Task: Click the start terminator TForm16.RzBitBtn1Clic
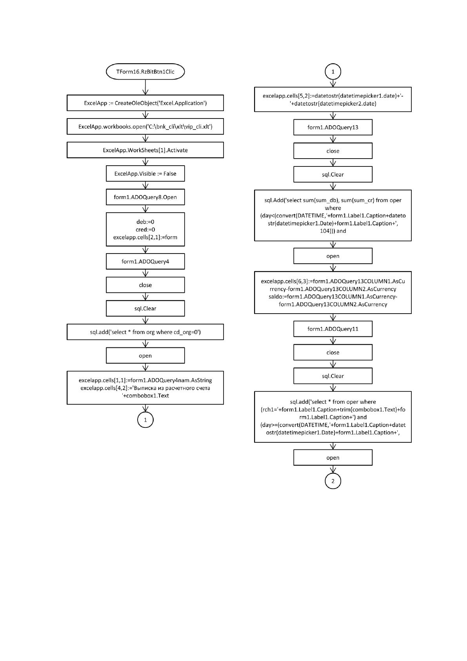[x=145, y=71]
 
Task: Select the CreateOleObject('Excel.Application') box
[x=145, y=103]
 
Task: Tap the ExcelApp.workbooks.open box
[x=145, y=126]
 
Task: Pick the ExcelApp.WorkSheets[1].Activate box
[x=145, y=150]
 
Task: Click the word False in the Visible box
[x=170, y=173]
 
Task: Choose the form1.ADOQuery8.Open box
[x=145, y=197]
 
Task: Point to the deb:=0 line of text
[x=145, y=222]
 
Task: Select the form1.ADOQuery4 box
[x=145, y=261]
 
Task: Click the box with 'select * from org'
[x=145, y=332]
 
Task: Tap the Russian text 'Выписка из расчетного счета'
[x=172, y=388]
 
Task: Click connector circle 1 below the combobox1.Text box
[x=145, y=420]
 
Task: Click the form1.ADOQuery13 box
[x=333, y=127]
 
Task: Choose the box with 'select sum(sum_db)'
[x=333, y=215]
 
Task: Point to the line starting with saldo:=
[x=333, y=296]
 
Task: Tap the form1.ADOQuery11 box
[x=333, y=329]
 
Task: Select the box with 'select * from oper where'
[x=333, y=417]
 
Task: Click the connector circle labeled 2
[x=333, y=481]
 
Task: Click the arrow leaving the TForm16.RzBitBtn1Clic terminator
[x=145, y=87]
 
